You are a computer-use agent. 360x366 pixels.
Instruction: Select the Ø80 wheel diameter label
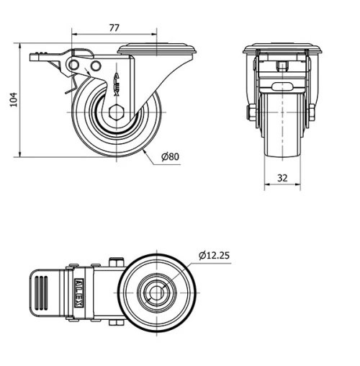tap(170, 156)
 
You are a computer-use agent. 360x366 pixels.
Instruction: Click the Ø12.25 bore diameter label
tap(215, 254)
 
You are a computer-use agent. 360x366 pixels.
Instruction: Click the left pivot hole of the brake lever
tap(74, 66)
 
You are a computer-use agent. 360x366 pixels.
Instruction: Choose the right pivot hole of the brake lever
tap(93, 67)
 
